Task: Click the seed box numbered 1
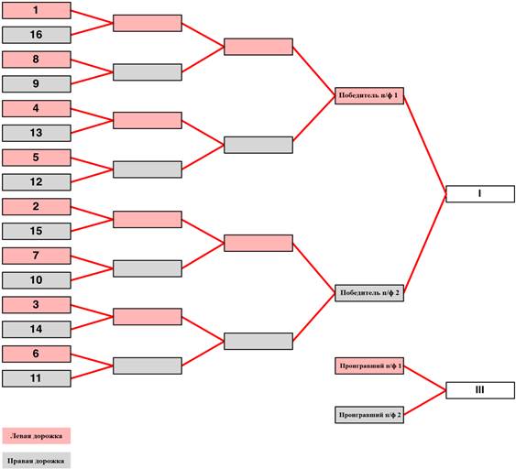point(37,10)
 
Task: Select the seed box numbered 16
point(37,35)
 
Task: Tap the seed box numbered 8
point(37,60)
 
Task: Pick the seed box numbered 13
point(37,133)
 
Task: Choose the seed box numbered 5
point(37,158)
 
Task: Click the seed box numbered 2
point(37,206)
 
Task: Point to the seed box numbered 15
point(37,231)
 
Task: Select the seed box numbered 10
point(37,280)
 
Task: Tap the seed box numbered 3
point(37,305)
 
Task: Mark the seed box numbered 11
point(37,378)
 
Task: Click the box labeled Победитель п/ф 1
point(369,95)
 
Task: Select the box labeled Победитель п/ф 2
point(369,293)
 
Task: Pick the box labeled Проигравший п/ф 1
point(369,366)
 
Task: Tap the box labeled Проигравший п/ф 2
point(369,415)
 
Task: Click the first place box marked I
point(480,193)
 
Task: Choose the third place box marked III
point(480,390)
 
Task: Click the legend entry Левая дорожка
point(37,436)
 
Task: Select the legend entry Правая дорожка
point(37,461)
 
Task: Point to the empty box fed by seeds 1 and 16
point(148,23)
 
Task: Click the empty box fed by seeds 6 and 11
point(148,365)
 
